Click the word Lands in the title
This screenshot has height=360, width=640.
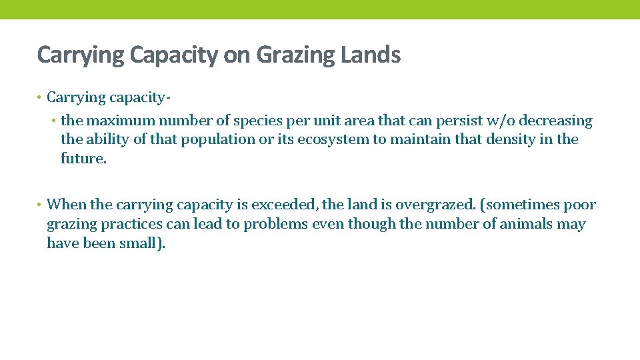[x=371, y=55]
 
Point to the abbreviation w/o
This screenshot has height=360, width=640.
[x=497, y=121]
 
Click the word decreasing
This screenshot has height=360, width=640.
[x=555, y=121]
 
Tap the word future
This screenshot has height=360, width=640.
[x=83, y=159]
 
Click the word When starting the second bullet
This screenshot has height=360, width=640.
[x=66, y=205]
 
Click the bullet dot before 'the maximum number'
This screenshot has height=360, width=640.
[x=55, y=121]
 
